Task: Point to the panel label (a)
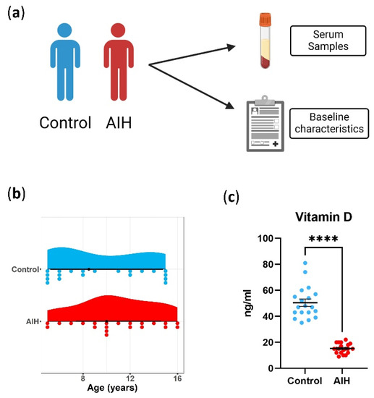[19, 14]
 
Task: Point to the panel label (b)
[19, 193]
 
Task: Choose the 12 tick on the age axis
[130, 378]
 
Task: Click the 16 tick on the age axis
[177, 378]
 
